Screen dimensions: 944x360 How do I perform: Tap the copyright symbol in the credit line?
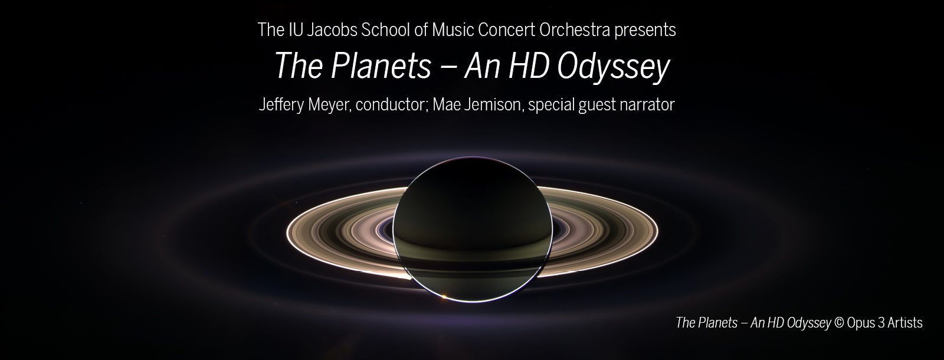click(839, 323)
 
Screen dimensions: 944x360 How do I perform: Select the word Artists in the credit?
click(905, 323)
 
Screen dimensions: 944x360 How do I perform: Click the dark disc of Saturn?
click(473, 230)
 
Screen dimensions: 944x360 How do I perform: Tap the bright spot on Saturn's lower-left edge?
click(443, 297)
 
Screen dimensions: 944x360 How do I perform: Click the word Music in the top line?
click(453, 30)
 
